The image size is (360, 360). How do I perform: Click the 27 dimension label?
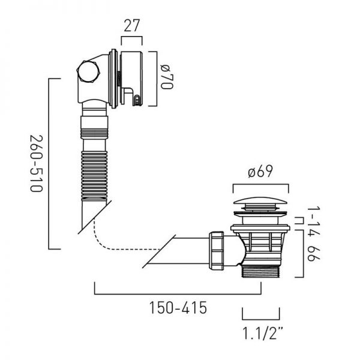point(132,25)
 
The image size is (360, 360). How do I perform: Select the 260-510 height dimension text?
point(37,163)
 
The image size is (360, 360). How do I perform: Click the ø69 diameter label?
point(260,171)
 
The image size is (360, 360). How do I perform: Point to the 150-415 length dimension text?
point(178,308)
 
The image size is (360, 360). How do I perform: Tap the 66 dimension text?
point(314,254)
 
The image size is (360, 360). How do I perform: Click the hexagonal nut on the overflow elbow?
point(88,71)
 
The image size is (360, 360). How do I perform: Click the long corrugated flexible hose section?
point(94,175)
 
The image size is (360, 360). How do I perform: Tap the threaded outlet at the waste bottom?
point(260,271)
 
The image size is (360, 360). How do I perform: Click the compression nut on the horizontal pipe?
point(216,251)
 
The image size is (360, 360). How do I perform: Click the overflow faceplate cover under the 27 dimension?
point(131,79)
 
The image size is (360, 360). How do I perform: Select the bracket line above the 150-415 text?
point(178,293)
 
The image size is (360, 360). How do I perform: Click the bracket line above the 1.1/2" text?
point(261,319)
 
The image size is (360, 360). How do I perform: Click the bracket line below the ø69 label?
point(261,184)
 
